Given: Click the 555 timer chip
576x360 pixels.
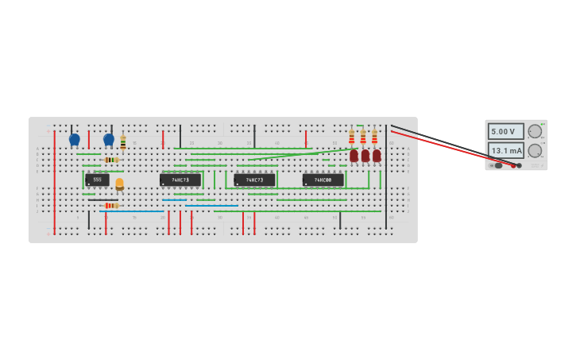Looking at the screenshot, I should tap(97, 180).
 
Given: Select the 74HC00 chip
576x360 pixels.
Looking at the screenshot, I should tap(323, 180).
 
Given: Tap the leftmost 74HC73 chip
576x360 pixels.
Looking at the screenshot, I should tap(180, 180).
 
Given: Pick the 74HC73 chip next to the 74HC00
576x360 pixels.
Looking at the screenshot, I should tap(254, 180).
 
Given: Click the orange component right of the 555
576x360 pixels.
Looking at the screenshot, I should tap(119, 184).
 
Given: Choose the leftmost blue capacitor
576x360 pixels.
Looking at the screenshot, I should tap(75, 140).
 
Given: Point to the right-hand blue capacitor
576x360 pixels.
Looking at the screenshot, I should tap(109, 140).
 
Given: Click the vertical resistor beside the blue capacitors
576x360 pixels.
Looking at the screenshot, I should tap(123, 143).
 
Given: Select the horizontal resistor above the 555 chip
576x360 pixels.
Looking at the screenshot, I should tap(111, 160).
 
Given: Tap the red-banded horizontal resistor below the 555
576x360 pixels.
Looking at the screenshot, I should tap(111, 206).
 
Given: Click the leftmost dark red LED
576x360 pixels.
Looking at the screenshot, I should tap(354, 156).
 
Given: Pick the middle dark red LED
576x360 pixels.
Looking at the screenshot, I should tap(365, 156).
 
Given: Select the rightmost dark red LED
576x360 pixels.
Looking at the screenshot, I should tap(377, 156).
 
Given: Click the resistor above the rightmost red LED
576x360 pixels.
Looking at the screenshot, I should tap(375, 137).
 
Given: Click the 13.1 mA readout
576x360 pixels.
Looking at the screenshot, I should tap(506, 150).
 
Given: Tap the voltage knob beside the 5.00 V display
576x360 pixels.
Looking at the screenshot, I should tap(535, 131).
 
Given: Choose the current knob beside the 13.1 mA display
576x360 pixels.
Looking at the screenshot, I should tap(535, 150).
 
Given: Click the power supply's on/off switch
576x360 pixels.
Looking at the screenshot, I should tap(498, 165).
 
